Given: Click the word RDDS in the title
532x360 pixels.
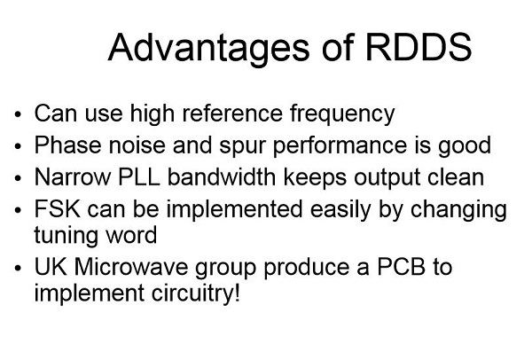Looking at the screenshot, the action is click(419, 47).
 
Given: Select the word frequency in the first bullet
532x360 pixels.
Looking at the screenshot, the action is click(342, 114).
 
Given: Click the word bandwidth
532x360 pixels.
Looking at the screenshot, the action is click(222, 176).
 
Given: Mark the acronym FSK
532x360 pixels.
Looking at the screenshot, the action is click(58, 208).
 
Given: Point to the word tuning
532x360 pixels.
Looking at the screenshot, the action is click(65, 236).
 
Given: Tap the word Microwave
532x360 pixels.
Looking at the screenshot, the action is click(131, 267).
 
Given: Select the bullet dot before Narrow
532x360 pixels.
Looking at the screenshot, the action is click(18, 178).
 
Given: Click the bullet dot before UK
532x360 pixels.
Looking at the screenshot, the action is click(18, 268).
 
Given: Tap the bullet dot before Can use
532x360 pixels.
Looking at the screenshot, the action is click(18, 114).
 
